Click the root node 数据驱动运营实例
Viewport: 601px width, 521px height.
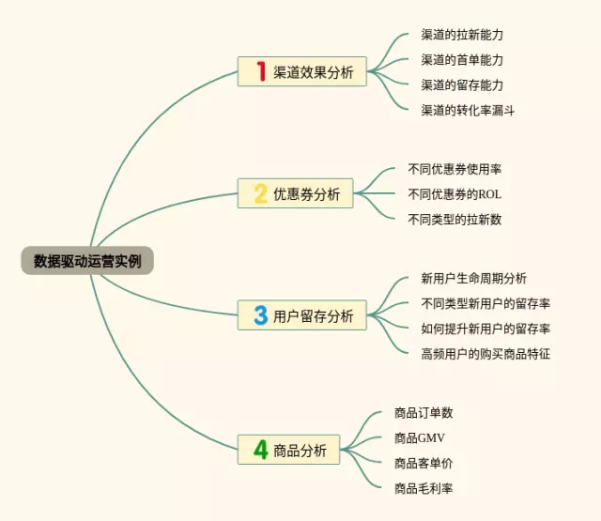coord(87,261)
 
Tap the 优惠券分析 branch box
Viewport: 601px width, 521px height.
coord(295,194)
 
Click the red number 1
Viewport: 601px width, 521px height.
coord(261,71)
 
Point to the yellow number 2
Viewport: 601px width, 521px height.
coord(260,194)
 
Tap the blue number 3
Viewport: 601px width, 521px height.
coord(260,315)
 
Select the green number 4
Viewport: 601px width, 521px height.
coord(260,450)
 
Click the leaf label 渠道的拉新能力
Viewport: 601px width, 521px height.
coord(463,35)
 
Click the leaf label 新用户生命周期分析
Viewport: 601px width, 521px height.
coord(474,279)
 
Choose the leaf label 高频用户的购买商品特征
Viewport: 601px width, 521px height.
coord(485,354)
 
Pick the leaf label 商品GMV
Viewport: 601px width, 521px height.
coord(419,437)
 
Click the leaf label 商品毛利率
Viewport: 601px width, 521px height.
coord(424,487)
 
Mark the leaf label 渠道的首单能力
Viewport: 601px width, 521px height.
coord(463,59)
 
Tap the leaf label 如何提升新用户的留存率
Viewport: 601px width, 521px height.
coord(485,329)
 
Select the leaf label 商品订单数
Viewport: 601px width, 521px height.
coord(424,412)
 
